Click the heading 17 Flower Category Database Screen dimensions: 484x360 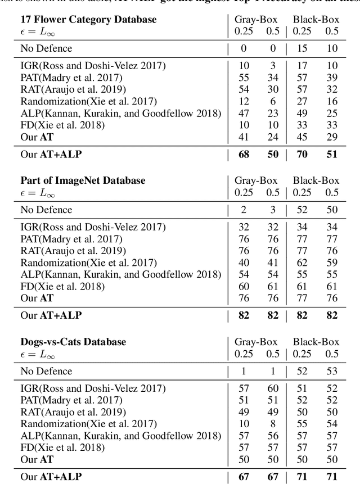[88, 20]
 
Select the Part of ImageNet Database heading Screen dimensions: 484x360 [83, 180]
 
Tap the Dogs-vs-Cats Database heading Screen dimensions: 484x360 [73, 342]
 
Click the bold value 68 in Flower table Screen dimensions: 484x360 [245, 154]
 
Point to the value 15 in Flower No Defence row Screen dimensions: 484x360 [302, 49]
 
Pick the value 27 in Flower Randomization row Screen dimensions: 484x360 [302, 101]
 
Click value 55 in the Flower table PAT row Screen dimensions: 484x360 [245, 78]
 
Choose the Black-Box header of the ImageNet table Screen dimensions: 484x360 [316, 180]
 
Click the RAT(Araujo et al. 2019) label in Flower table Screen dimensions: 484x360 [73, 89]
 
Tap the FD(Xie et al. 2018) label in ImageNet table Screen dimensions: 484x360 [62, 286]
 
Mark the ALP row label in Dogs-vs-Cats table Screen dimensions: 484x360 [121, 436]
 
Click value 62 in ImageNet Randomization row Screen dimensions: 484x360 [302, 262]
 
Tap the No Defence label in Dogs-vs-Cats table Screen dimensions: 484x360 [47, 371]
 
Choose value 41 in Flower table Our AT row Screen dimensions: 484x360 [245, 137]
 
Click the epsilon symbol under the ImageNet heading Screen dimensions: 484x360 [24, 193]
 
